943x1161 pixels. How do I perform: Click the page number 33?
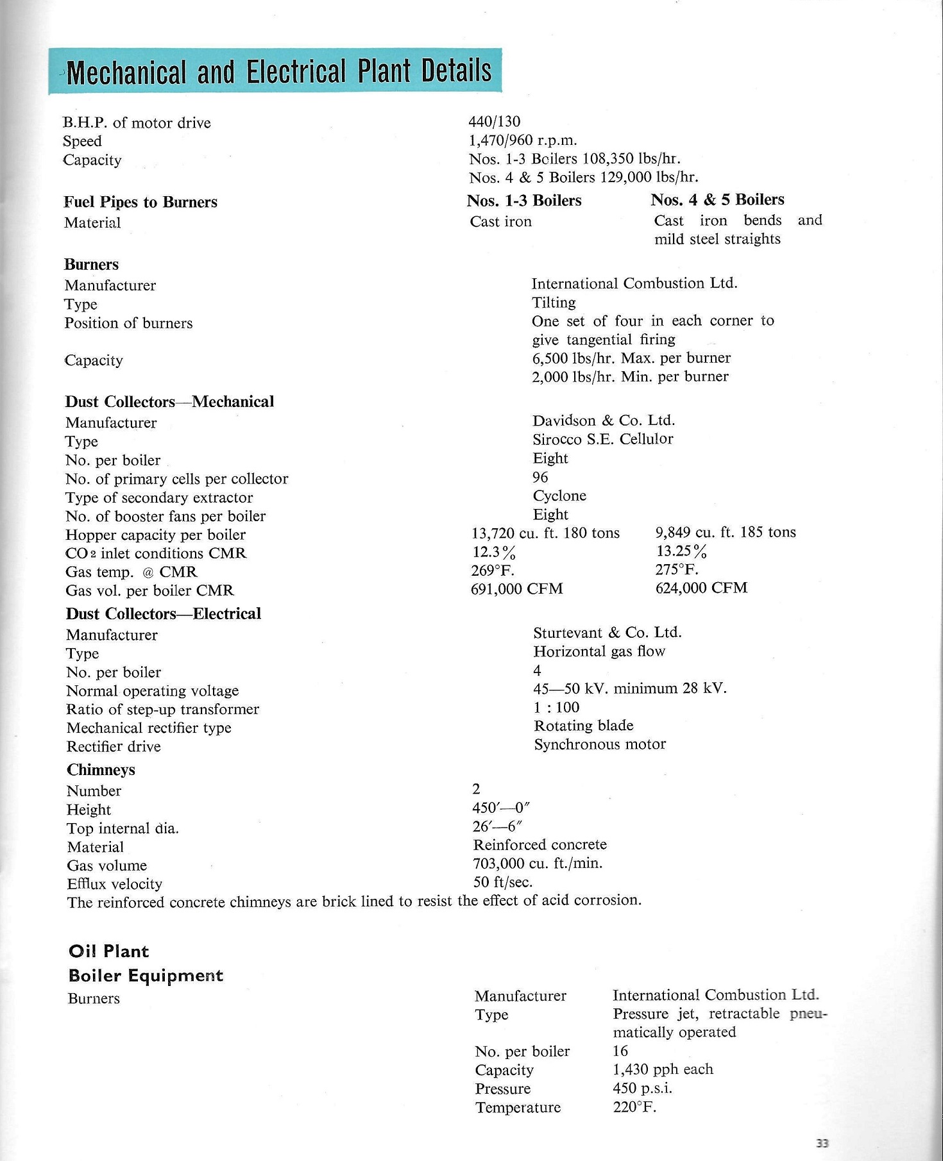(x=822, y=1142)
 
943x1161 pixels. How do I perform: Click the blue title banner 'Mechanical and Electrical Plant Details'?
(x=276, y=71)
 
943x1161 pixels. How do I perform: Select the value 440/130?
(x=495, y=121)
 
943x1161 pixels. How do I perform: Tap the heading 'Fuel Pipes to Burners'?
(x=140, y=202)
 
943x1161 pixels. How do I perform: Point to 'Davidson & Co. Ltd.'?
(x=604, y=421)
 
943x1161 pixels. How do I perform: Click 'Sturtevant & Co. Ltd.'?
(x=607, y=633)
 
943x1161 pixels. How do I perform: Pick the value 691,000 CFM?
(x=516, y=589)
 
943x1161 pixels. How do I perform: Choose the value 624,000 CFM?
(x=701, y=588)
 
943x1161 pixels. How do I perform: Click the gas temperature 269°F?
(x=493, y=570)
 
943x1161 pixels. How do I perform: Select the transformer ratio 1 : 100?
(x=556, y=707)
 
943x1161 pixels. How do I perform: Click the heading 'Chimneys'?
(x=101, y=769)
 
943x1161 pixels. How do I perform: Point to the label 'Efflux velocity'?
(x=114, y=884)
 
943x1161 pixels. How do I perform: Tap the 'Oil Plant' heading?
(x=108, y=951)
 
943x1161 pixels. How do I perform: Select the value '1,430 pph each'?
(x=663, y=1069)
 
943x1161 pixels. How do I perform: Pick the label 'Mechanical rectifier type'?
(x=149, y=728)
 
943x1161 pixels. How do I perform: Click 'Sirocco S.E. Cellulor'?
(x=602, y=439)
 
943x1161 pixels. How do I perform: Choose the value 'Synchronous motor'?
(x=600, y=744)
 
